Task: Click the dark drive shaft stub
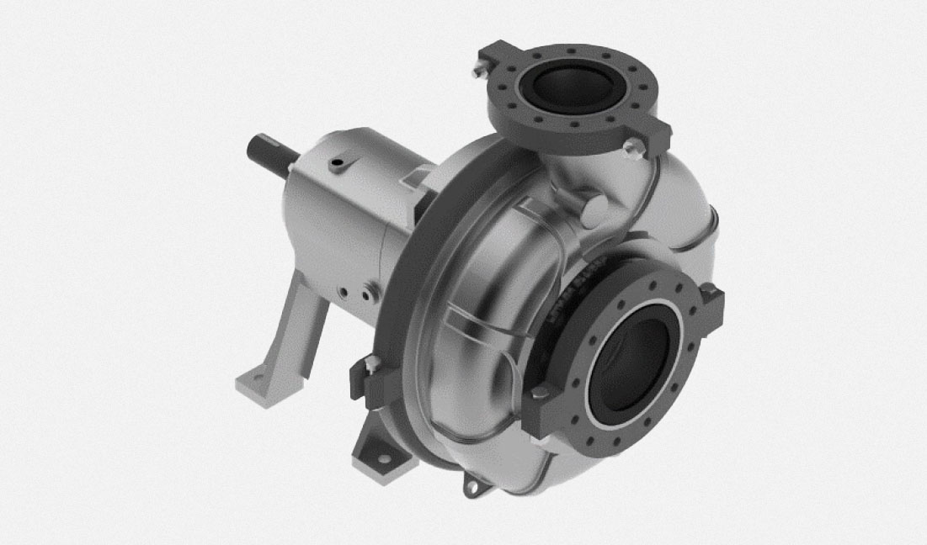click(269, 156)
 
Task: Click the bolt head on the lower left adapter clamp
click(370, 362)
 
